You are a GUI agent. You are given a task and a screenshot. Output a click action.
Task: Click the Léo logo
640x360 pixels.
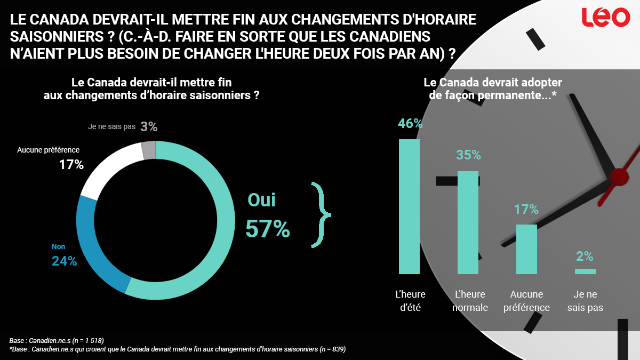coord(605,17)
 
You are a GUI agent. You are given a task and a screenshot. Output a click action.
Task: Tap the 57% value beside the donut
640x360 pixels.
coord(268,229)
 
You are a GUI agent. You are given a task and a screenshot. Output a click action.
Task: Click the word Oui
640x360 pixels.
coord(262,200)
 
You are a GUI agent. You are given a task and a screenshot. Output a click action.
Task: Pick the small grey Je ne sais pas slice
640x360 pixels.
coord(149,150)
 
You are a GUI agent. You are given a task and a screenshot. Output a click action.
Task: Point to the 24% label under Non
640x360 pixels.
coord(64,261)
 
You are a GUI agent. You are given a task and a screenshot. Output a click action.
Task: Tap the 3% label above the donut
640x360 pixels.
coord(149,127)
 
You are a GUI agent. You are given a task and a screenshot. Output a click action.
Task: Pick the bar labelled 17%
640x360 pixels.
coord(526,249)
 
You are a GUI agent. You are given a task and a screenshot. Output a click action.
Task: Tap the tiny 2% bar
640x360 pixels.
coord(585,271)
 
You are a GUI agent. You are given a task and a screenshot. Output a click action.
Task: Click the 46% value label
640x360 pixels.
coord(410,123)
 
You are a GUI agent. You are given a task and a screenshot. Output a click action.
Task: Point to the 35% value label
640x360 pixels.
coord(468,155)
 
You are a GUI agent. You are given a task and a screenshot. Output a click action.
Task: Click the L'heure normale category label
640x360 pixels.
coord(469,301)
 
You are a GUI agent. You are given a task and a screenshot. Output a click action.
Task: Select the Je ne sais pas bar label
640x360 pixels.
coord(585,301)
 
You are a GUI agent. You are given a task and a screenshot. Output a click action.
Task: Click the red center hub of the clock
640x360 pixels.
coord(619,177)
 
